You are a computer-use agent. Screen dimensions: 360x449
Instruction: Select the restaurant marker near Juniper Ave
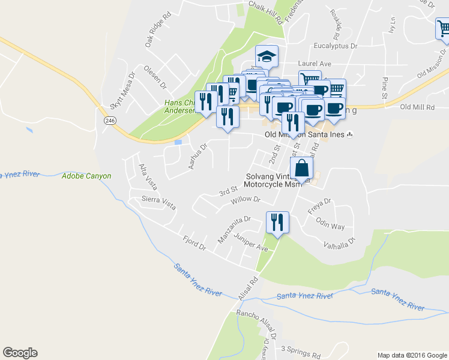click(277, 223)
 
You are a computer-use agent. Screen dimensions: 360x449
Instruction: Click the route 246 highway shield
click(110, 121)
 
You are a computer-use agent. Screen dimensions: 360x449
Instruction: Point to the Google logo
click(20, 353)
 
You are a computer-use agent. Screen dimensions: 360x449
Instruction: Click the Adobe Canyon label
click(86, 176)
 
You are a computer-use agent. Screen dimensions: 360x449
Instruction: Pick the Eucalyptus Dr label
click(336, 46)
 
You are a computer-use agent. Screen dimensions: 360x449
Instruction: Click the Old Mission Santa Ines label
click(305, 134)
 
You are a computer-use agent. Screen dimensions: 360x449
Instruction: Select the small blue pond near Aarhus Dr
click(178, 142)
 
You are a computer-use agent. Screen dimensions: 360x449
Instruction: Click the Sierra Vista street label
click(158, 202)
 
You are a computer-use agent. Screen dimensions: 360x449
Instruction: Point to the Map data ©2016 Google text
click(411, 355)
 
